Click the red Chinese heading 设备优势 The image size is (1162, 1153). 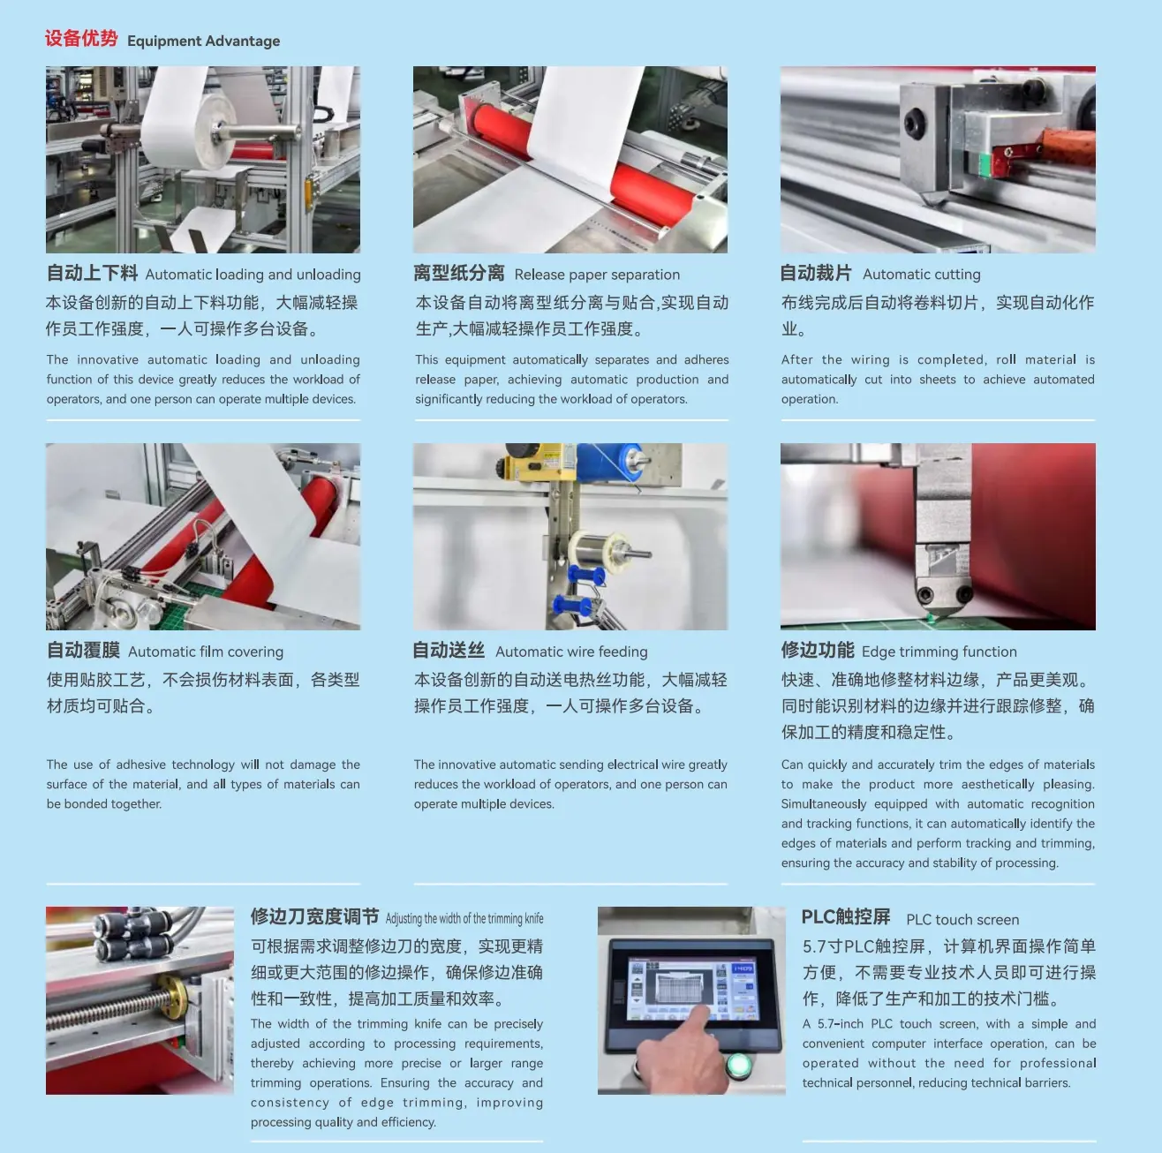81,39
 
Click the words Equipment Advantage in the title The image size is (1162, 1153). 204,41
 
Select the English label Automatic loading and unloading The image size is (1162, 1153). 253,275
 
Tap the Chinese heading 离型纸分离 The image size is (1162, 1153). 459,273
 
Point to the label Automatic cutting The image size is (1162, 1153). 922,275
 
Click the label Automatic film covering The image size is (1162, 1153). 206,652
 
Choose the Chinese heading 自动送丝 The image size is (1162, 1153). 449,651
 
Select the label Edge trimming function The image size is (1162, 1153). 939,652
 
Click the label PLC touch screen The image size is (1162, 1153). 962,920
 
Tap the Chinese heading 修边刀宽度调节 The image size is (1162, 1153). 314,916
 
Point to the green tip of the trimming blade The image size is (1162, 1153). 931,617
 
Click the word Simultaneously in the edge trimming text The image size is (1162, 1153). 824,804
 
